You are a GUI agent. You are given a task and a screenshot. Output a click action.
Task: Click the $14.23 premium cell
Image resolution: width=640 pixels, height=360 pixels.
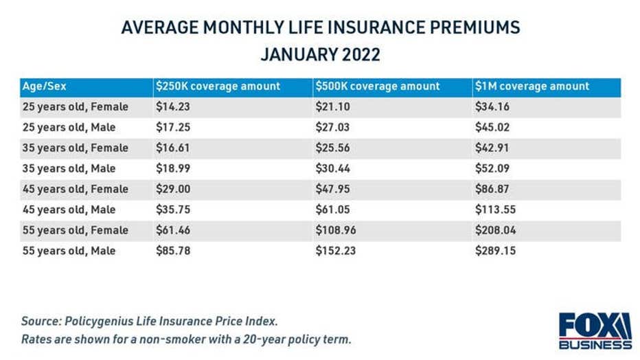coord(172,106)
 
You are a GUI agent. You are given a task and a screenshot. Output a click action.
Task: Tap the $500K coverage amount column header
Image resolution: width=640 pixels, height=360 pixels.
coord(378,87)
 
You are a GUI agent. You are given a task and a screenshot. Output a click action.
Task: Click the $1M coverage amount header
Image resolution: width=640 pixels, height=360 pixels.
coord(532,87)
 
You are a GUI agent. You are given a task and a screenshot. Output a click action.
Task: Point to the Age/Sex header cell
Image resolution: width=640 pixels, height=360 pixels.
coord(44,87)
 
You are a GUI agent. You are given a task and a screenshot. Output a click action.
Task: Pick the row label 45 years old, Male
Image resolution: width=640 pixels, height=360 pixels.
coord(69,210)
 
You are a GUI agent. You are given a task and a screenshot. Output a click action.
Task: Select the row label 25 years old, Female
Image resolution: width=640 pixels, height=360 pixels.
coord(74,106)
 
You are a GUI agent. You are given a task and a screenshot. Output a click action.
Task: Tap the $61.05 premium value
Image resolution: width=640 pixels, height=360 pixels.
coord(333,210)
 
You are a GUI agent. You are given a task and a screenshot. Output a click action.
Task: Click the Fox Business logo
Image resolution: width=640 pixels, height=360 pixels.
coord(595,331)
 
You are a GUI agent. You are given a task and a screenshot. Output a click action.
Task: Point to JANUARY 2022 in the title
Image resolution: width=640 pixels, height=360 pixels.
coord(320,53)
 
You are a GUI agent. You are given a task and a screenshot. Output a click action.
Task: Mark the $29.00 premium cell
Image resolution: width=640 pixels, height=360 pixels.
coord(172,189)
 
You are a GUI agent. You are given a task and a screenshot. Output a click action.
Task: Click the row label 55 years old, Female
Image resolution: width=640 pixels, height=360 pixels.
coord(74,230)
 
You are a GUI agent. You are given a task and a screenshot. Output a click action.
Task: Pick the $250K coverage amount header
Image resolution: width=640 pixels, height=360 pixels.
coord(217,87)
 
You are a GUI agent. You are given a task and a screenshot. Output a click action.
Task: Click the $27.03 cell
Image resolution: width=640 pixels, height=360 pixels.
coord(333,127)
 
